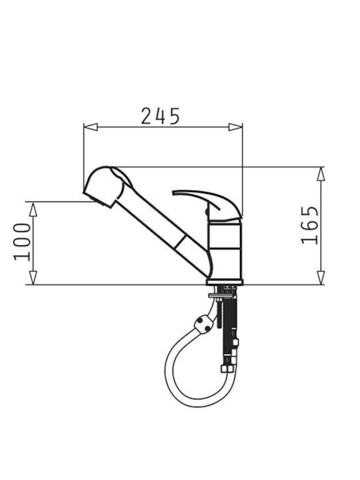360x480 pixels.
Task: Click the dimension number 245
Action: pyautogui.click(x=160, y=116)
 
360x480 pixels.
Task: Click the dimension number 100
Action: pyautogui.click(x=22, y=242)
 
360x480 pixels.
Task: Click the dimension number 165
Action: pyautogui.click(x=309, y=225)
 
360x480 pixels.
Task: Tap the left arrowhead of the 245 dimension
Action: pyautogui.click(x=91, y=127)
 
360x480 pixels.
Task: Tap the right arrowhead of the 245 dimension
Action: pyautogui.click(x=235, y=127)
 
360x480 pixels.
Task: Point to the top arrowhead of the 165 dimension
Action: pyautogui.click(x=321, y=174)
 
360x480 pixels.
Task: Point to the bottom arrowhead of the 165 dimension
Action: pyautogui.click(x=321, y=277)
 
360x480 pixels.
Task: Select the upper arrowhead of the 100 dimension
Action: pyautogui.click(x=33, y=209)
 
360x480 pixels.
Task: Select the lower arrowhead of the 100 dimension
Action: pyautogui.click(x=33, y=277)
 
